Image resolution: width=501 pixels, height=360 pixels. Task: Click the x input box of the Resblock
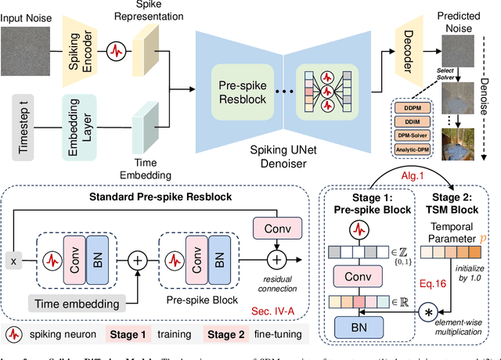13,261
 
